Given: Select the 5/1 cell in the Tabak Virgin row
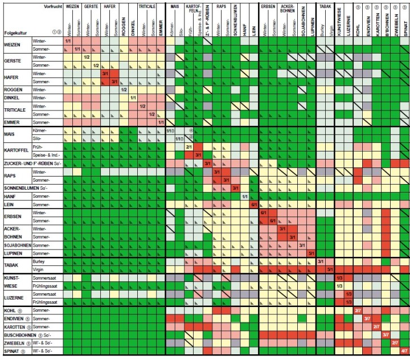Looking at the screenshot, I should tap(330, 269).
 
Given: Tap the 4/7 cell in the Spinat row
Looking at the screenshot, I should tap(404, 351).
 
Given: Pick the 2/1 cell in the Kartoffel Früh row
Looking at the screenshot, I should tap(189, 146).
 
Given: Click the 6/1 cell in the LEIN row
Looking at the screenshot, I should tap(255, 204).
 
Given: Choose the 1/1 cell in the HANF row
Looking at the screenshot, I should tap(245, 196).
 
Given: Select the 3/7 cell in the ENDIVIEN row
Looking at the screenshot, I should tap(367, 318).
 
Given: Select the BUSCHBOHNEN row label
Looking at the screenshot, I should tap(22, 335).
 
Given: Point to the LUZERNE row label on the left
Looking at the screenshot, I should tap(14, 297).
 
